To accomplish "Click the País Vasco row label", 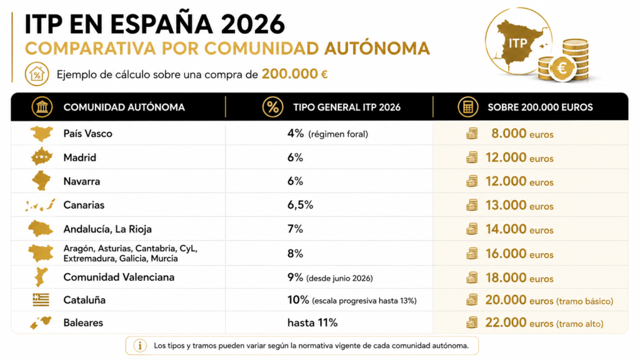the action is pos(87,134).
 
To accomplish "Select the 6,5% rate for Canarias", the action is pos(300,205).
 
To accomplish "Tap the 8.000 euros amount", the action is pos(522,134).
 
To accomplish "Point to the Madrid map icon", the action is pos(42,157).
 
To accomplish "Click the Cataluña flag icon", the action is pos(41,300).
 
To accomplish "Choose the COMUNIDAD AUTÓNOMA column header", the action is pos(124,107).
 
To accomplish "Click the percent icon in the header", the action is pos(272,107).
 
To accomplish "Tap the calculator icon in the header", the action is pos(467,107).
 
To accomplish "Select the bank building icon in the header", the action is pos(42,107).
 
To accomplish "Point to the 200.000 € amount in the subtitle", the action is pos(295,74).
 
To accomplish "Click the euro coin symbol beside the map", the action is pos(562,67).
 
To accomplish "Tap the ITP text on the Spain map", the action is pos(517,43).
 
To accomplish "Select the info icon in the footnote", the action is pos(140,346).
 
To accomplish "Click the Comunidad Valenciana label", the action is pos(119,277).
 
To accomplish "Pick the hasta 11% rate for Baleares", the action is pos(312,323).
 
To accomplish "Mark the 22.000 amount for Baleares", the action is pos(506,322).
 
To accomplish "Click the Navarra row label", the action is pos(82,181).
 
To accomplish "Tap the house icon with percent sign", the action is pos(37,74).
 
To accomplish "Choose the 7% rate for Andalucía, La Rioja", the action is pos(295,229).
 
